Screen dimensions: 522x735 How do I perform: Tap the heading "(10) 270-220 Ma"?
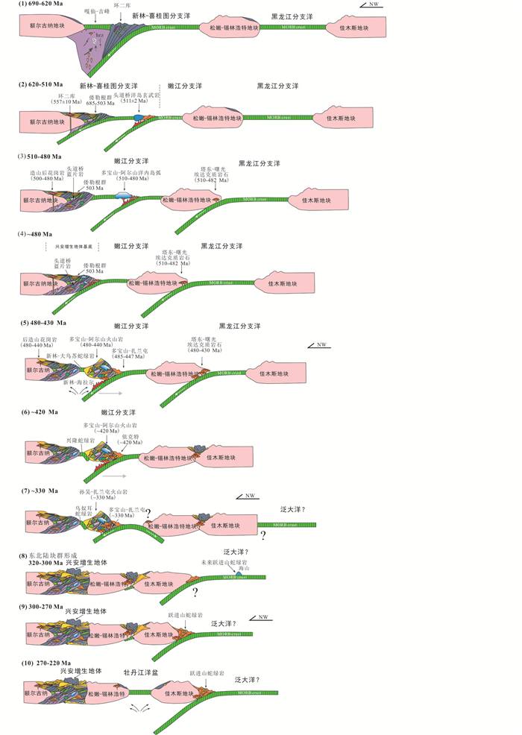tap(45, 663)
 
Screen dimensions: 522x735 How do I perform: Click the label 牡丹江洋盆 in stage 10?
tap(143, 672)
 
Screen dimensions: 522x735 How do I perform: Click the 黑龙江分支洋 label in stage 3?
tap(259, 163)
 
